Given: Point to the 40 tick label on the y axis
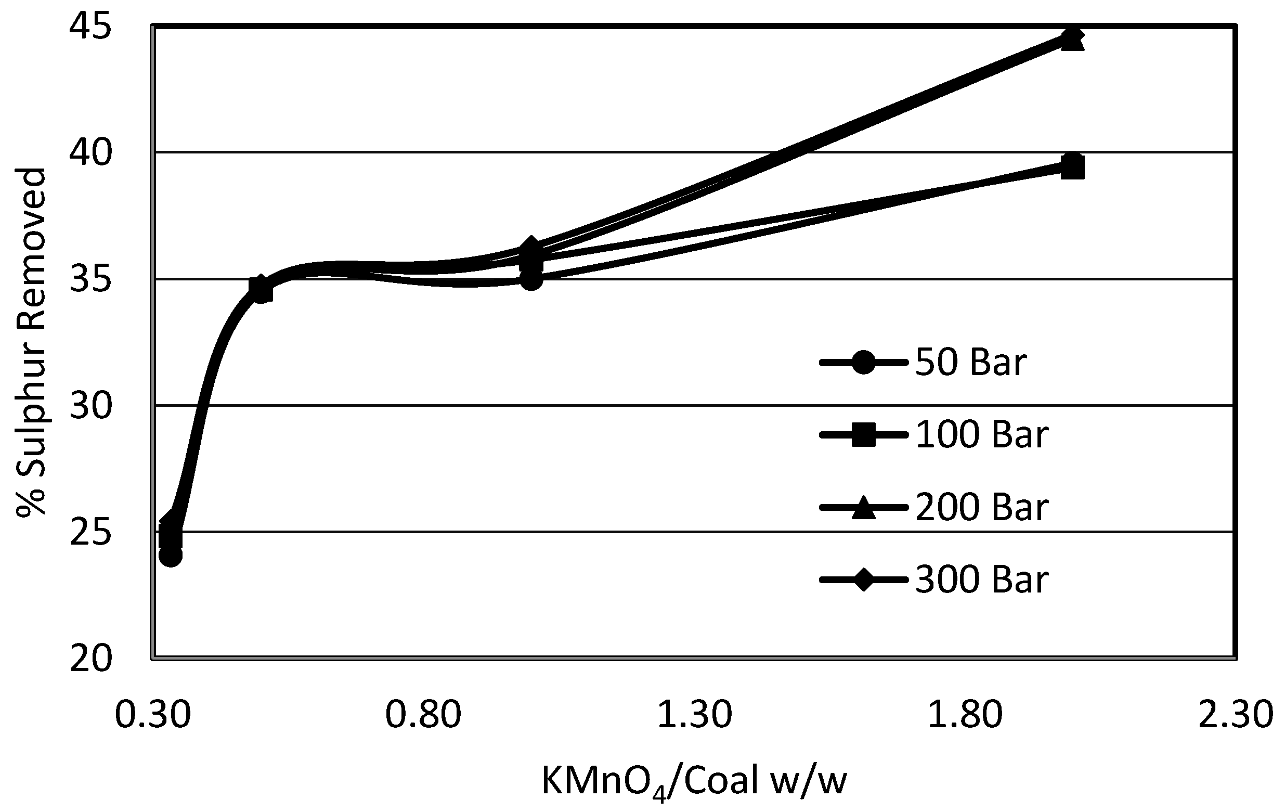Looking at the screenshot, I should [91, 153].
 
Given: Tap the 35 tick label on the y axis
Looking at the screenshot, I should [91, 280].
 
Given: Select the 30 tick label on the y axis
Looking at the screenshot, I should [91, 406].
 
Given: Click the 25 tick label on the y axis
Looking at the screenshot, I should [91, 533].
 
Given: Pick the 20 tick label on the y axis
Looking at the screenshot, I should [91, 659].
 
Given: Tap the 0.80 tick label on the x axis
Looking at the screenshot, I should [423, 715].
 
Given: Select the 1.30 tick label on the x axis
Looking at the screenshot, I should [694, 715].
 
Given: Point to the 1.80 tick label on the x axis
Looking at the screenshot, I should [965, 715].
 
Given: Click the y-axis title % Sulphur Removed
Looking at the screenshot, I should [31, 342].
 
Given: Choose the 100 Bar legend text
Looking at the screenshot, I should [982, 435].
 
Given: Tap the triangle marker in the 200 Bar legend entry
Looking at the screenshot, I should [863, 508].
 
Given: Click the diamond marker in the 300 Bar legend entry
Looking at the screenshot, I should [863, 580].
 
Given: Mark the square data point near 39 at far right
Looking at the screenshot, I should [1073, 169].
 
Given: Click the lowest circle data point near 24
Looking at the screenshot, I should [170, 556].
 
